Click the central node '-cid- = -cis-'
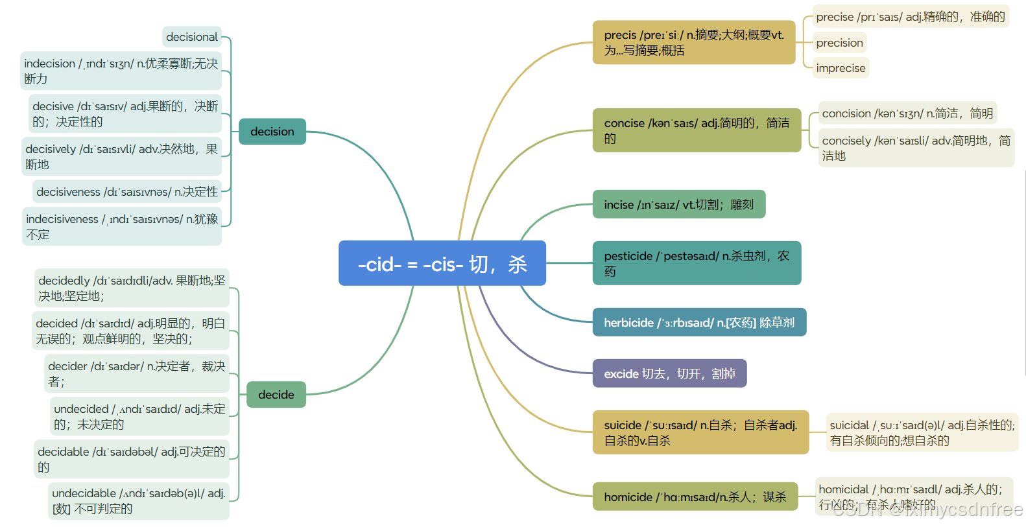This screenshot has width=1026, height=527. pos(442,263)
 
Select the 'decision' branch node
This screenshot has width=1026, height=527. pos(272,132)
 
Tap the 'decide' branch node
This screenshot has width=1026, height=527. pos(276,394)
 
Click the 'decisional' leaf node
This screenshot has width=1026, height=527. pos(192,37)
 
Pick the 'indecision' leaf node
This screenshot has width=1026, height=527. pos(121,71)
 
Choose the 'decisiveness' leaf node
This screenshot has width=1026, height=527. pos(127,191)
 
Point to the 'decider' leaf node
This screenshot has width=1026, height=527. pos(137,373)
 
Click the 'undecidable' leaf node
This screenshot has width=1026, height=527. pos(139,500)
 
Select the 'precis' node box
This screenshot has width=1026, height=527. pos(693,42)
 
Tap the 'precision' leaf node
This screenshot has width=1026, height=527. pos(839,43)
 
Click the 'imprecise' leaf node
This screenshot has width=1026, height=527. pos(841,68)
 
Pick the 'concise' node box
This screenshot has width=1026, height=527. pos(697,130)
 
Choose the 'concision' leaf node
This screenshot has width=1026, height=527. pos(907,113)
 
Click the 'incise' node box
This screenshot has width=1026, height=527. pos(678,204)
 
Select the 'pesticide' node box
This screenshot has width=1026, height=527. pos(697,263)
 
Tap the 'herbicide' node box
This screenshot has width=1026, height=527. pos(699,322)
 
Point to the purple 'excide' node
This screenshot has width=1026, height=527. pos(669,373)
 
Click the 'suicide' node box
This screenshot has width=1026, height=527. pos(700,432)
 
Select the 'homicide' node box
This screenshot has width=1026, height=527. pos(695,497)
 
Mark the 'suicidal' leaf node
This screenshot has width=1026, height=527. pos(922,432)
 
